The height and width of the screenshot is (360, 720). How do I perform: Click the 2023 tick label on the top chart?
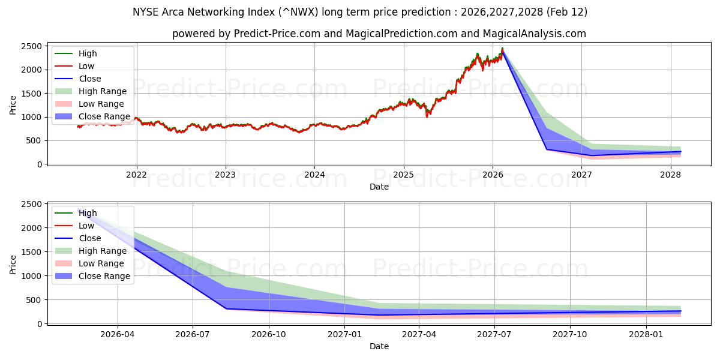pos(226,175)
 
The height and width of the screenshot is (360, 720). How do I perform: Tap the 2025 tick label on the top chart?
pos(404,175)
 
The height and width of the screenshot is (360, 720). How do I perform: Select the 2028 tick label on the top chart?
pos(671,175)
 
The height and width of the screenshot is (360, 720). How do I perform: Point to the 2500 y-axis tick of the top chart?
pos(32,46)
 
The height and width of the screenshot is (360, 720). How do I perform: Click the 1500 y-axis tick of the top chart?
pos(32,94)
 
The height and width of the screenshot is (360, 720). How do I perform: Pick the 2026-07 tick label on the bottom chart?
pos(193,334)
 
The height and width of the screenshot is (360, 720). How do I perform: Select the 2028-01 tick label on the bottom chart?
pos(647,334)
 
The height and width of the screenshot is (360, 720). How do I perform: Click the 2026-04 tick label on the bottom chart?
pos(118,334)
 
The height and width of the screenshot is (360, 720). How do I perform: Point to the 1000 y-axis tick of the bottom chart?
pos(32,276)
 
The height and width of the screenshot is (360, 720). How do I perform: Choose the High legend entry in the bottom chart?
pos(88,213)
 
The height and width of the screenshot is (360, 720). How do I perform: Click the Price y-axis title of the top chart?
pos(13,105)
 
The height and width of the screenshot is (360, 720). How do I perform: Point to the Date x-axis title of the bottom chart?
pos(379,346)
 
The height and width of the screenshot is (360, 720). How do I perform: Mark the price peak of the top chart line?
pos(502,49)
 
